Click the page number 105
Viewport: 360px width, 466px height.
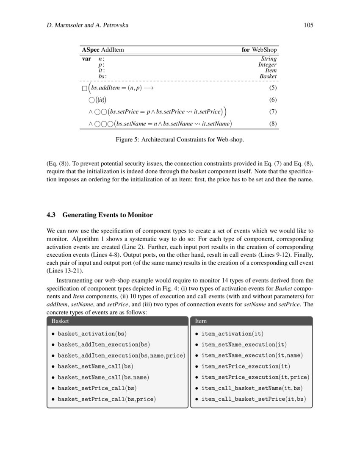(x=308, y=25)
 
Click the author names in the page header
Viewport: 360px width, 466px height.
(x=87, y=25)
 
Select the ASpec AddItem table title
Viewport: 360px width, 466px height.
(x=103, y=50)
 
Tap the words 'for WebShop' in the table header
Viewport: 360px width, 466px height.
(x=259, y=50)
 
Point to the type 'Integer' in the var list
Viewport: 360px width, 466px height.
(x=267, y=65)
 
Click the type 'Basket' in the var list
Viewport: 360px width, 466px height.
(x=268, y=76)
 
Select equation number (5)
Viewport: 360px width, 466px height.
(x=273, y=88)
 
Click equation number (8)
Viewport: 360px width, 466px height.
(x=273, y=124)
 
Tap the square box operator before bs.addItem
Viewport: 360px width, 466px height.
(x=84, y=89)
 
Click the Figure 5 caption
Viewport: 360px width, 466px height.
(x=180, y=139)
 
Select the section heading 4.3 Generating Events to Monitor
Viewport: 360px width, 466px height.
(x=100, y=215)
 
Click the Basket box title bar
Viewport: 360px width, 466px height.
(x=117, y=321)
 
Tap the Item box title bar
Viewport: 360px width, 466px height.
(x=252, y=321)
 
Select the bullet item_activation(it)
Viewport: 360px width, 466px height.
(x=233, y=334)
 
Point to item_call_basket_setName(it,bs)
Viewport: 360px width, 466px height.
(x=251, y=388)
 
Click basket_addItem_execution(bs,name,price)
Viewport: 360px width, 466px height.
(x=121, y=355)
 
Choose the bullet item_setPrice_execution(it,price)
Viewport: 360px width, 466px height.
(x=255, y=377)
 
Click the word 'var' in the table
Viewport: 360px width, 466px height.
(x=86, y=59)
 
